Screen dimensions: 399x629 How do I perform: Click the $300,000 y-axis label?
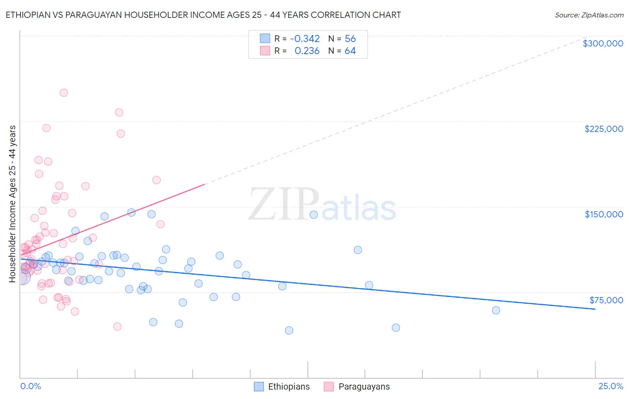click(x=603, y=43)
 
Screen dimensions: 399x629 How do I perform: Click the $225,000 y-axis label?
click(x=603, y=129)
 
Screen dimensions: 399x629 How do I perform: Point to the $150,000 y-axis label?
click(x=603, y=214)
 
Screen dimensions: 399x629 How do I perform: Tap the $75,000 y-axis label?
click(x=606, y=300)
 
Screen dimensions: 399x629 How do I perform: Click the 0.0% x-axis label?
click(x=30, y=386)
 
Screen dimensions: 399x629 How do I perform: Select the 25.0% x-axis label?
click(x=611, y=386)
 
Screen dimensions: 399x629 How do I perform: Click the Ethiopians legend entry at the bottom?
click(x=289, y=386)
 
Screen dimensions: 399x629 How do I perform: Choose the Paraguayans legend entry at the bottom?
click(x=364, y=386)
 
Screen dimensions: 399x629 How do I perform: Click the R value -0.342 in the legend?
click(x=305, y=38)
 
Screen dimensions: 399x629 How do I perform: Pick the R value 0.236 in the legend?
click(x=307, y=51)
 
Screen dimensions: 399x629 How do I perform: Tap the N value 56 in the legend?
click(x=350, y=38)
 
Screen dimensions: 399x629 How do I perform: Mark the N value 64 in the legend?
click(x=350, y=51)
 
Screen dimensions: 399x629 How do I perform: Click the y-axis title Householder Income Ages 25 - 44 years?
click(x=13, y=204)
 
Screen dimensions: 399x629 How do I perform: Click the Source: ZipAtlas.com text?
click(x=589, y=15)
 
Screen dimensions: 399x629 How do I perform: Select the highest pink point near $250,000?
click(x=64, y=93)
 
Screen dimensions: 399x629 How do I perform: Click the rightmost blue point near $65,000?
click(x=496, y=310)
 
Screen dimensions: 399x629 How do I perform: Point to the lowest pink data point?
click(x=117, y=327)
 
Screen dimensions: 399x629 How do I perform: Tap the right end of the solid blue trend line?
click(x=595, y=309)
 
